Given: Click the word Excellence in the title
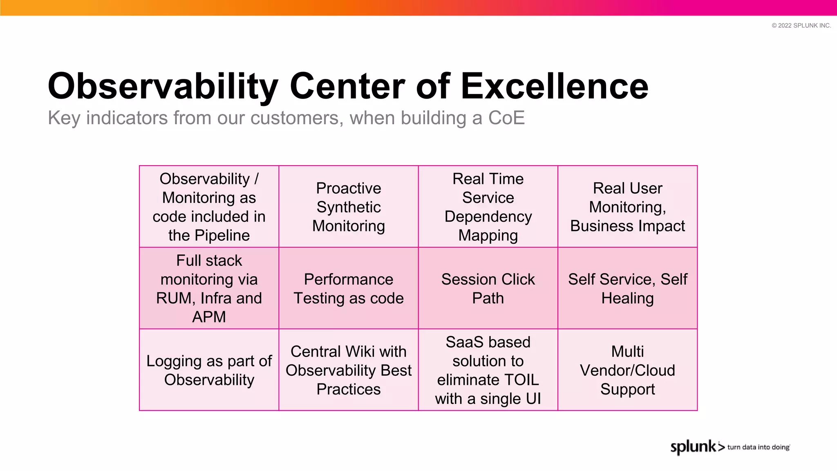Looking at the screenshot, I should point(555,86).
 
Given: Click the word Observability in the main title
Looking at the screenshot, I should point(163,86).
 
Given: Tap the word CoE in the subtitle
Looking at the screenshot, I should point(506,118).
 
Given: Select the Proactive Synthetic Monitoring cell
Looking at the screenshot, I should point(349,207).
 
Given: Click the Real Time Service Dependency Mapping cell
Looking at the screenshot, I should point(488,207).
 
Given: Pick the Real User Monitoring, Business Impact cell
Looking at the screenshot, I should point(627,207).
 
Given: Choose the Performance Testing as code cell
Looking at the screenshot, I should point(349,289).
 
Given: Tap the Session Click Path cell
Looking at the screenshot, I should point(488,289).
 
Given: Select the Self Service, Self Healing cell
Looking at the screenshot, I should point(627,289).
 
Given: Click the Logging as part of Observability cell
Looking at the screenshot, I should point(209,370).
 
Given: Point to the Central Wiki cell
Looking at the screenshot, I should point(349,370).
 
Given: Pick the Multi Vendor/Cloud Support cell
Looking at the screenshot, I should point(627,370).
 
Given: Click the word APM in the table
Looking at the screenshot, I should point(209,317).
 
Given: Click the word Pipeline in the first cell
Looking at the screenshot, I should point(222,235).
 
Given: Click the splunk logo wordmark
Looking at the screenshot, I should point(694,447).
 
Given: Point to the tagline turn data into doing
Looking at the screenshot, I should point(758,447).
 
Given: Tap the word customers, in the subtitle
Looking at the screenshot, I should point(297,118).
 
